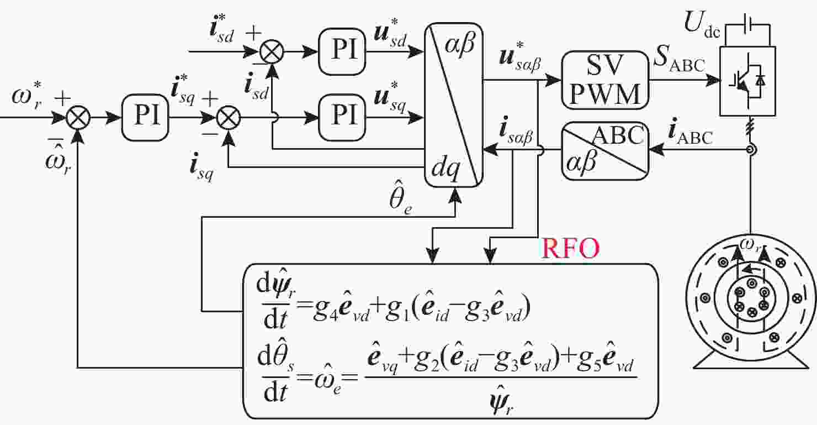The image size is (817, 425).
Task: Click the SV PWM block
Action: pyautogui.click(x=604, y=79)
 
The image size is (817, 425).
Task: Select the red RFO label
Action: pyautogui.click(x=570, y=249)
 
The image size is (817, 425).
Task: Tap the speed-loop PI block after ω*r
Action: pyautogui.click(x=145, y=118)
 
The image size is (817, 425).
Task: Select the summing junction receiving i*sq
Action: pyautogui.click(x=226, y=118)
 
